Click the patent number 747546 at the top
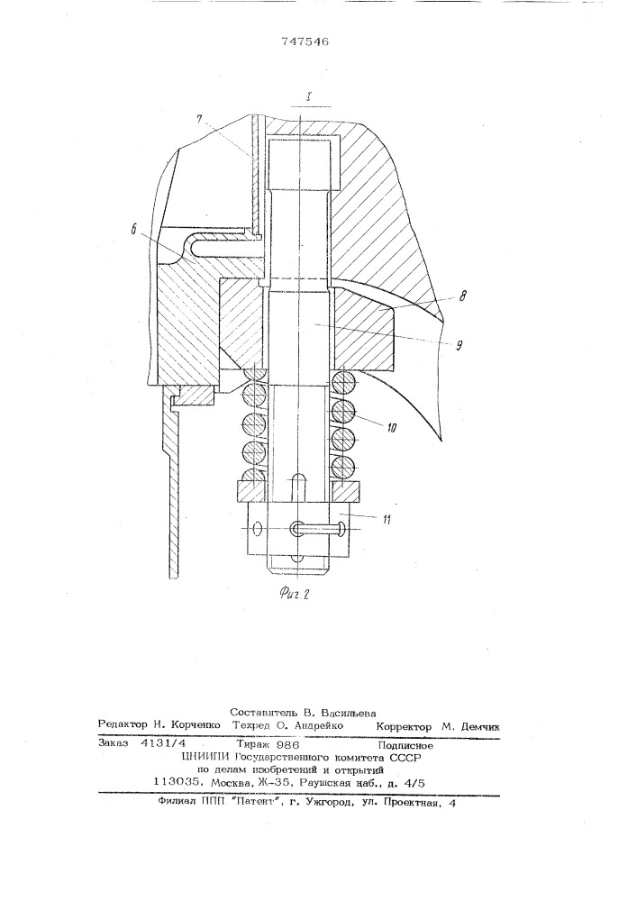[305, 42]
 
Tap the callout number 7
[198, 120]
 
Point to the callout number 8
[463, 296]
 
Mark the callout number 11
[387, 519]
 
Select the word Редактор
[122, 725]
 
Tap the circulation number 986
[287, 746]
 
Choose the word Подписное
[406, 746]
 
